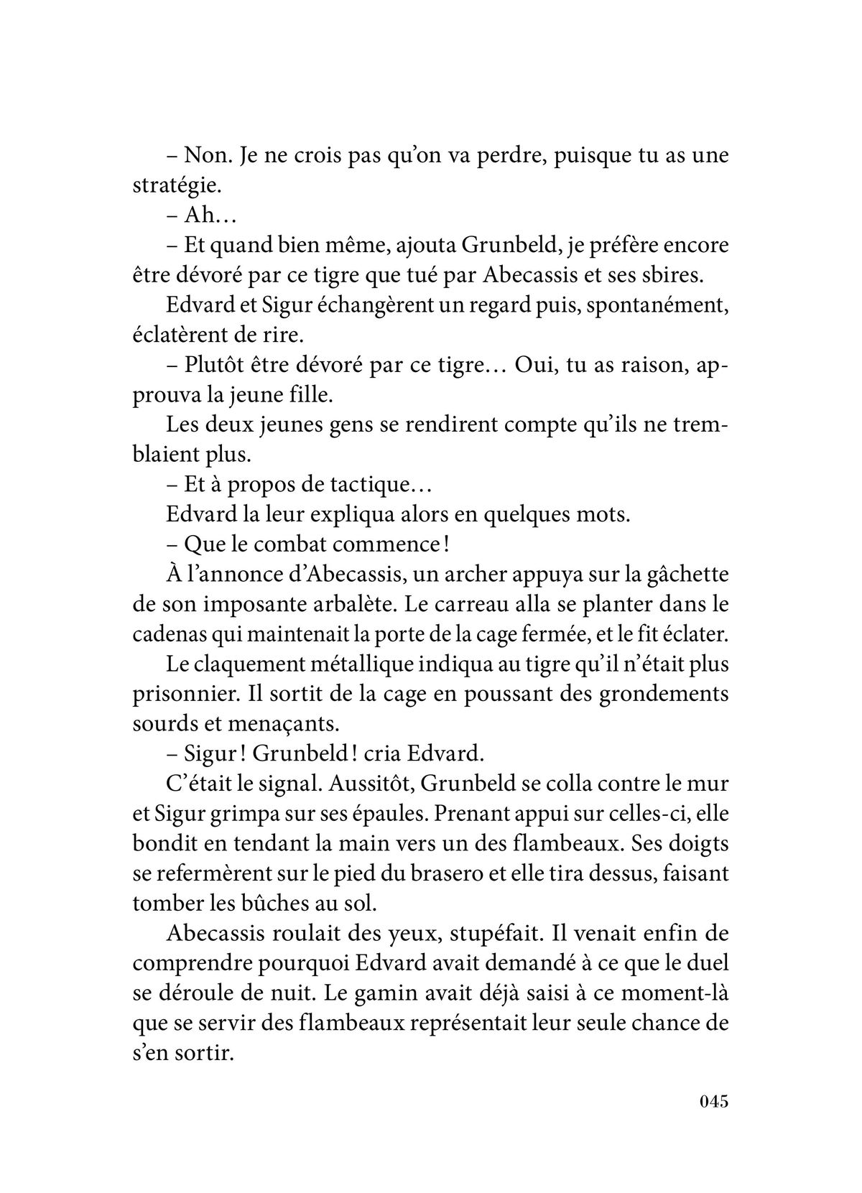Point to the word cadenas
pyautogui.click(x=166, y=635)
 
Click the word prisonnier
pyautogui.click(x=183, y=695)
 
